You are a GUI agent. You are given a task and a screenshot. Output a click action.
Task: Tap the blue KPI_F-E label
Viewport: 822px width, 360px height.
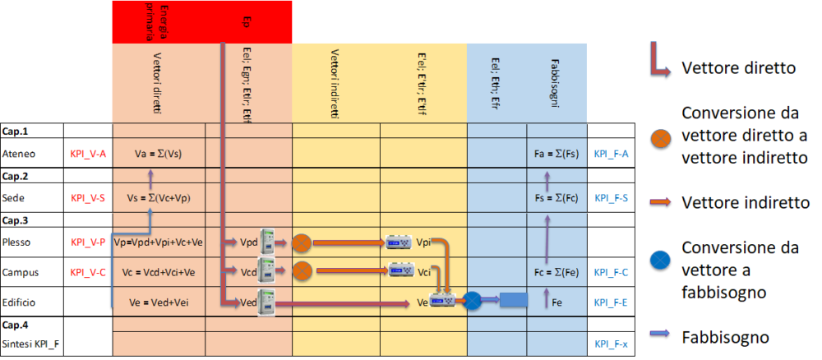click(x=611, y=302)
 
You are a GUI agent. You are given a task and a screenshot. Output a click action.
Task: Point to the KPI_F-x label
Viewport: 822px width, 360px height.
click(x=611, y=344)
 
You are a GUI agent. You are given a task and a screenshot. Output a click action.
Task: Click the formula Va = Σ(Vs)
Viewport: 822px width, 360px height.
click(x=158, y=153)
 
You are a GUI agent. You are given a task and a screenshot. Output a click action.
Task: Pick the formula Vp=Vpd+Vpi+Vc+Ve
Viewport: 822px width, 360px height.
click(x=158, y=243)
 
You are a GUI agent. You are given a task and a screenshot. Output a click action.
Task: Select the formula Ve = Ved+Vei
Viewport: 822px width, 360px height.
click(x=158, y=302)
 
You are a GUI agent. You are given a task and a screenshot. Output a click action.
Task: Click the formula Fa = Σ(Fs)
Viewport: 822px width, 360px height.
click(x=556, y=153)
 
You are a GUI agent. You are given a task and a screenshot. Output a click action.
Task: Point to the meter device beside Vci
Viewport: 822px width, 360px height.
click(x=401, y=271)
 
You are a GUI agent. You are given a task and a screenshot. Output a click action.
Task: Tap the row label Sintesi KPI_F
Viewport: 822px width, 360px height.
click(x=31, y=344)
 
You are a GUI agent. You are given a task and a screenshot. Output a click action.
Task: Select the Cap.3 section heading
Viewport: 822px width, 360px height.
click(x=16, y=220)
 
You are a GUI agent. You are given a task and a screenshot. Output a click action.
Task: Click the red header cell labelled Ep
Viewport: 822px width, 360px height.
click(x=247, y=21)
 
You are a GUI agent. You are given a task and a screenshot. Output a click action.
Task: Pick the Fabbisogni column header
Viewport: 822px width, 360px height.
click(x=556, y=82)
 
